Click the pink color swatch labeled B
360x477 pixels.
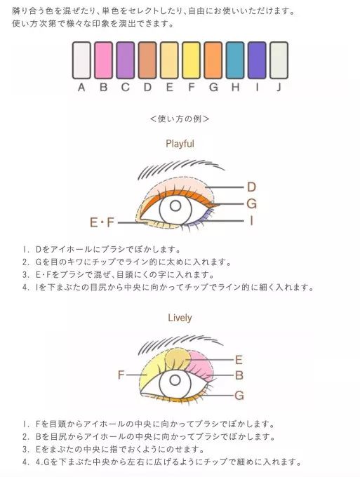103,60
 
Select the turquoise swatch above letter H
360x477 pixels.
235,60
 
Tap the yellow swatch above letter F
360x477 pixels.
191,60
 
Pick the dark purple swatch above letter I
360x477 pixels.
257,60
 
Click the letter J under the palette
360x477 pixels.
279,87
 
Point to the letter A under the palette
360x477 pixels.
81,87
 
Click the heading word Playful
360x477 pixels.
180,144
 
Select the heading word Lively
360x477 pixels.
180,318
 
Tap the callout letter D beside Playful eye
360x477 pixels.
251,187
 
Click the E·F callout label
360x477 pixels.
102,222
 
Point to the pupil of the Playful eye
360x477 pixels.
175,206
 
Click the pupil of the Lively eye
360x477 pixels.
175,380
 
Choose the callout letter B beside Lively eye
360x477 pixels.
239,375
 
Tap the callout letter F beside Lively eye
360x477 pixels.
121,375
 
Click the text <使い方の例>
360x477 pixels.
180,119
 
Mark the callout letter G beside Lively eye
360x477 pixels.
239,395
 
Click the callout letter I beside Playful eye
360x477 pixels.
251,221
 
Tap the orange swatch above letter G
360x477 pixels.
213,60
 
